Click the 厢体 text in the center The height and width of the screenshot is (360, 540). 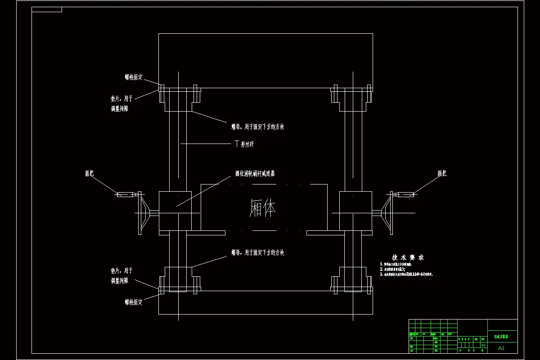point(263,209)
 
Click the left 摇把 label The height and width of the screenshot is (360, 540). point(90,173)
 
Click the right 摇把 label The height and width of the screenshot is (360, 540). point(442,173)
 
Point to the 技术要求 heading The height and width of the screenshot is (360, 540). point(408,257)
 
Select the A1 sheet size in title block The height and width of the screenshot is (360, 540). point(502,348)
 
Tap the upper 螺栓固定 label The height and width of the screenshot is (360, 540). point(134,77)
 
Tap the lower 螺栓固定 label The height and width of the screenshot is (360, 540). point(134,302)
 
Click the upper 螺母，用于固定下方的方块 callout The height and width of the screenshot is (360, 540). point(257,127)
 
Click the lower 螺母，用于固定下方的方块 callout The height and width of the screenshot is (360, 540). point(257,253)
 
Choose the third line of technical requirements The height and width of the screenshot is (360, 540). point(407,274)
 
